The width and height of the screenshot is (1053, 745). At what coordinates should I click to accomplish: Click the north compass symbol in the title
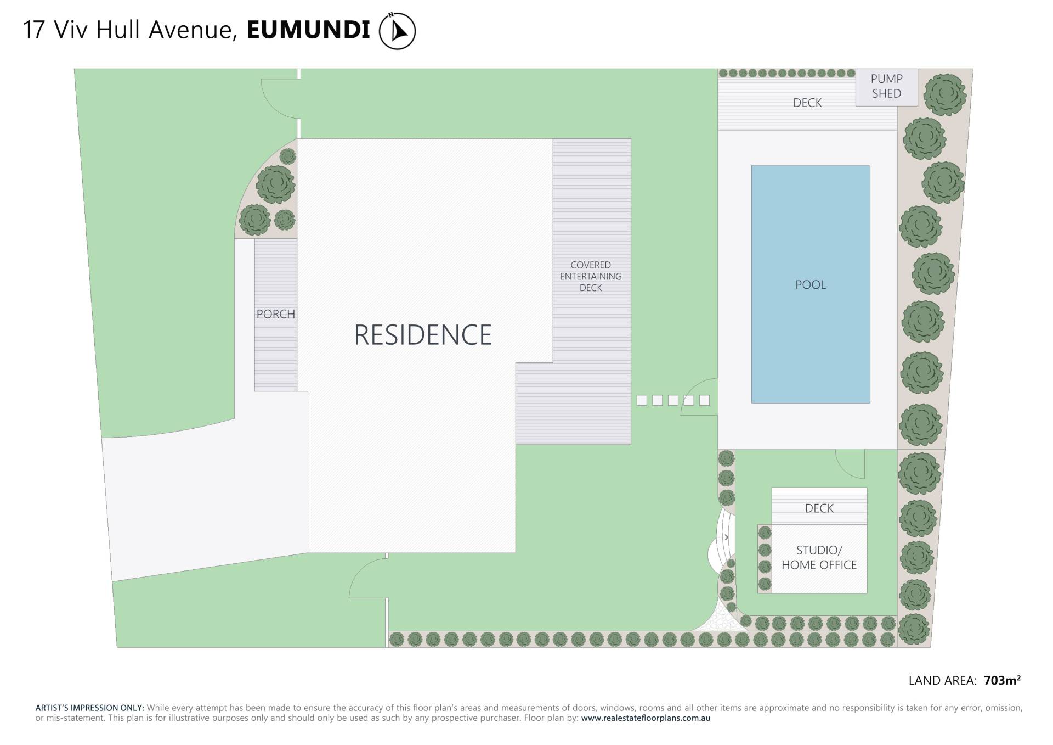397,31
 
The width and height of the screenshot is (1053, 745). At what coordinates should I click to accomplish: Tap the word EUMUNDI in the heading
308,30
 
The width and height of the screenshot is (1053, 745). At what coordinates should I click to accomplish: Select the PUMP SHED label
886,86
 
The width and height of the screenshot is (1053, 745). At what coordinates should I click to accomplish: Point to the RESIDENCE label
422,335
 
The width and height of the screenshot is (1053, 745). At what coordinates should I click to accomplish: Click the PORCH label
275,314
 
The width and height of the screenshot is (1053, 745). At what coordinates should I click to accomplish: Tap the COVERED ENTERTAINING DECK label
591,276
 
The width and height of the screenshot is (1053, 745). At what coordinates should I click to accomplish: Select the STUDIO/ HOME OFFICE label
819,557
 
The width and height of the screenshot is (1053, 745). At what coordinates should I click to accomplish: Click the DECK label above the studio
819,508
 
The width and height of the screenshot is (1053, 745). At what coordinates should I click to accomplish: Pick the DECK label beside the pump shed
807,103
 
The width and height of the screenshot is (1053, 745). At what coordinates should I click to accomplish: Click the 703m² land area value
1002,681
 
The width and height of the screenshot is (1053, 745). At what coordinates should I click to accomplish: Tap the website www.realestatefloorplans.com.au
646,718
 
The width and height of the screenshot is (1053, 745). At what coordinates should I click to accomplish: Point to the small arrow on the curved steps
726,537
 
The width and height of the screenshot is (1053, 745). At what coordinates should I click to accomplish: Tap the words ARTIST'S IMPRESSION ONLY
89,708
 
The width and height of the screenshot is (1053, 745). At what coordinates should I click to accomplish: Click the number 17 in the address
33,30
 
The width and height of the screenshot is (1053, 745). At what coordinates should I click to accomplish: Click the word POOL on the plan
810,285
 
